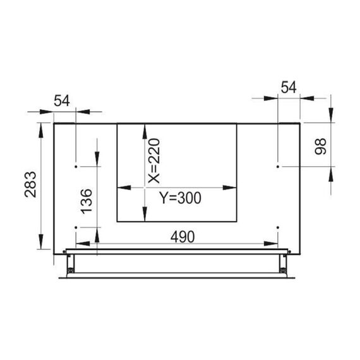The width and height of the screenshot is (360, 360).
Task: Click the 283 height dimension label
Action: [x=30, y=184]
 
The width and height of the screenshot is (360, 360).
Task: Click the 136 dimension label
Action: [x=87, y=201]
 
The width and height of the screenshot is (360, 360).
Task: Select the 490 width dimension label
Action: [x=183, y=237]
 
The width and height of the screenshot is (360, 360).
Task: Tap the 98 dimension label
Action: [x=320, y=147]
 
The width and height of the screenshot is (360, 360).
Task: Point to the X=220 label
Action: [x=153, y=160]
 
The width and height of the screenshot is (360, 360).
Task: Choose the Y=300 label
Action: [x=181, y=198]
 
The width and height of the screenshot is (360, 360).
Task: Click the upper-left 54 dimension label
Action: [x=62, y=100]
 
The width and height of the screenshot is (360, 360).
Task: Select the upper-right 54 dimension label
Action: [x=289, y=87]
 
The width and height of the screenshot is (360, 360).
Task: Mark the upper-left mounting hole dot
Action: [x=76, y=167]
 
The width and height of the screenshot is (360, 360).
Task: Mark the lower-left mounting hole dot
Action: [x=76, y=227]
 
